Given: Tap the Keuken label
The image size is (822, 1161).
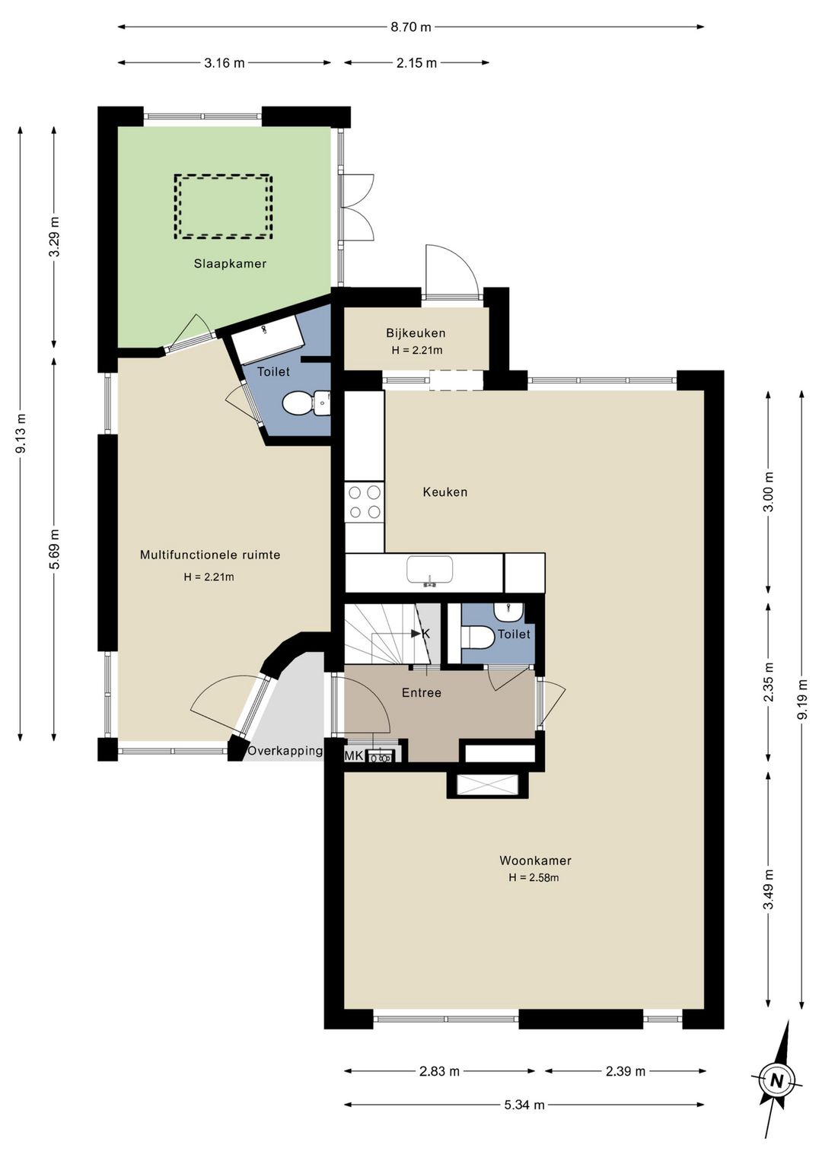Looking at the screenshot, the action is click(445, 492).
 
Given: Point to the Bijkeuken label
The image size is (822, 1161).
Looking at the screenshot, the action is click(416, 332).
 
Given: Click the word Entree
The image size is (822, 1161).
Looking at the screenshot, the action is click(422, 692).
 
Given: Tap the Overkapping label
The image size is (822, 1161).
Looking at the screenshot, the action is click(285, 751).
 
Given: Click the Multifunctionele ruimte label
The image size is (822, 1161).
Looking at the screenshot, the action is click(210, 555).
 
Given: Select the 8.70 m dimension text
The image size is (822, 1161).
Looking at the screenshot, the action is click(411, 27).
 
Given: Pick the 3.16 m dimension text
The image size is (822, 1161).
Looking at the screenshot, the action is click(224, 63).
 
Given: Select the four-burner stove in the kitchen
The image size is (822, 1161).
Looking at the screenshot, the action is click(365, 501).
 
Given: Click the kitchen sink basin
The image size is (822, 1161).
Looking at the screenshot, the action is click(429, 570).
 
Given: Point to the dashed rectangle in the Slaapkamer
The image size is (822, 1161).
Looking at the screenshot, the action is click(224, 206).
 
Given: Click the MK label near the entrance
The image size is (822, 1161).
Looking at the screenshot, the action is click(354, 756).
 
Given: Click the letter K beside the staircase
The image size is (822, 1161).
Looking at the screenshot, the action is click(425, 633).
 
